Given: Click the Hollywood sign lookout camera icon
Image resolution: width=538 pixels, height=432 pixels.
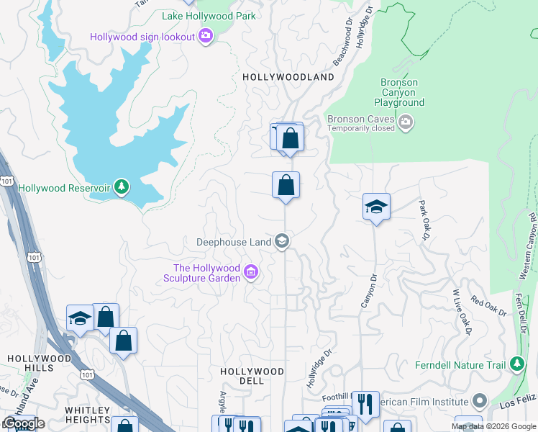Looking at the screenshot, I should (x=206, y=36).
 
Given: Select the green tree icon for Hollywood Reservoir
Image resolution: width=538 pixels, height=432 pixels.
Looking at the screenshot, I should (x=122, y=188).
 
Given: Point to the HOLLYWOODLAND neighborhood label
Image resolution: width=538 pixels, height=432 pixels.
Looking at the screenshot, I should (x=288, y=77).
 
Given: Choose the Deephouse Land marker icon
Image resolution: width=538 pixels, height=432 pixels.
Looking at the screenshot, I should (x=283, y=241).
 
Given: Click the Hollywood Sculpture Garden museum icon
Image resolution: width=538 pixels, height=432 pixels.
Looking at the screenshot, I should (x=251, y=272).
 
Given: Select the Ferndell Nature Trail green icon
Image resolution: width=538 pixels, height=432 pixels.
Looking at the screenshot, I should (x=516, y=365).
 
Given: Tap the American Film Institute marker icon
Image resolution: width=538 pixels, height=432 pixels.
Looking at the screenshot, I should (x=480, y=401).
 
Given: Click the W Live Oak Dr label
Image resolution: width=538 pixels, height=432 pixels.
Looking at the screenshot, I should (x=461, y=312).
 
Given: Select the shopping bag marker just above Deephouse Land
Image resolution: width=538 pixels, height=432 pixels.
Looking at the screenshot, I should (x=286, y=185).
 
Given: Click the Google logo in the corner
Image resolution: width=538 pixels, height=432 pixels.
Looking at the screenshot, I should (x=24, y=423).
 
